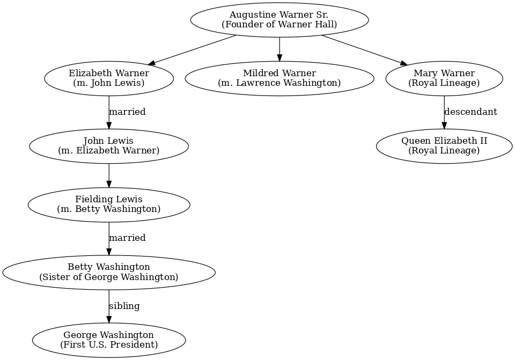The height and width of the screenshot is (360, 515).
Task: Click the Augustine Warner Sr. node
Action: (279, 20)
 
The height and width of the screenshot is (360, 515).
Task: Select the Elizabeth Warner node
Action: (109, 78)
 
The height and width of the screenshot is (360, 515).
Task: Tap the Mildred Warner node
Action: (279, 78)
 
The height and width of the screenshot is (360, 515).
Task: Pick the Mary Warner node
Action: (444, 78)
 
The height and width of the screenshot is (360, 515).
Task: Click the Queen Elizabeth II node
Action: (444, 146)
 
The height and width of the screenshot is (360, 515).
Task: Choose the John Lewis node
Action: (109, 146)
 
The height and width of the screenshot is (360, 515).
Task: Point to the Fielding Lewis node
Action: (109, 204)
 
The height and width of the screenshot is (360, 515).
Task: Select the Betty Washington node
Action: (109, 272)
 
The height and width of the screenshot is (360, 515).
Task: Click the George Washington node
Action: (109, 340)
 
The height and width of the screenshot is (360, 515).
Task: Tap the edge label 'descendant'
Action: (470, 112)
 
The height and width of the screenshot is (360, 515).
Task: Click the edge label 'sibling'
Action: (124, 306)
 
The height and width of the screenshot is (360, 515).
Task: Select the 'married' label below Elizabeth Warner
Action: (127, 112)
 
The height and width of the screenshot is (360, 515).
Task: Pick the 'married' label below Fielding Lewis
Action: (127, 238)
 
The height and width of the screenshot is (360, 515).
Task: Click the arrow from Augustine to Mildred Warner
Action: (279, 49)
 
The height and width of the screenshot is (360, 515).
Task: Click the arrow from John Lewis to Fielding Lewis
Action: (109, 175)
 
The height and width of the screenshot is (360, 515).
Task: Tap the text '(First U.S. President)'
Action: (109, 344)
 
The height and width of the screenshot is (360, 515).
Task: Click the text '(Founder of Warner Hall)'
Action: (279, 25)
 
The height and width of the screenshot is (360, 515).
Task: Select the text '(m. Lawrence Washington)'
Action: (279, 83)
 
